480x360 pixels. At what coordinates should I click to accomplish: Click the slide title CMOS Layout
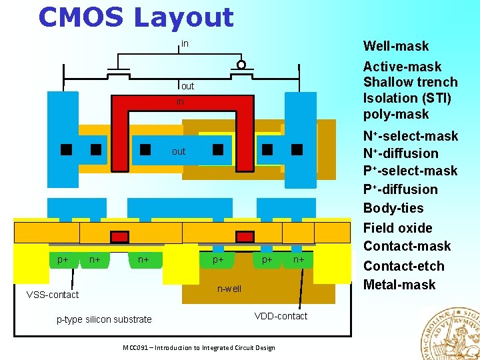tap(136, 17)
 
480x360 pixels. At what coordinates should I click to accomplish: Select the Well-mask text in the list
tap(395, 46)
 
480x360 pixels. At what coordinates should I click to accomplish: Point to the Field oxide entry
tap(397, 228)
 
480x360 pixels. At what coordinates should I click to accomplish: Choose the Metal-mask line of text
tap(399, 285)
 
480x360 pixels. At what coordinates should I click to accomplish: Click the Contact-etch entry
tap(403, 266)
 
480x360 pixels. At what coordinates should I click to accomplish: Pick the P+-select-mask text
tap(410, 171)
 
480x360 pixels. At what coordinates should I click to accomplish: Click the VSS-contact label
tap(52, 295)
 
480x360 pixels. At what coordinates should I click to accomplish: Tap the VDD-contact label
tap(281, 316)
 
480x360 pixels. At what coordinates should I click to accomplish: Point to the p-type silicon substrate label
tap(104, 319)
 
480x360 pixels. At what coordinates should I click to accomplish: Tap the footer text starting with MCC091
tap(199, 347)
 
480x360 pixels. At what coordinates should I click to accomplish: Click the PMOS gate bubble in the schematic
tap(241, 65)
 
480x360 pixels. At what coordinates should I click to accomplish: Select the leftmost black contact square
tap(66, 149)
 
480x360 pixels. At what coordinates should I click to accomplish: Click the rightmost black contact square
tap(297, 149)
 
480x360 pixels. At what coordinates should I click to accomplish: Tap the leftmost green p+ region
tap(63, 259)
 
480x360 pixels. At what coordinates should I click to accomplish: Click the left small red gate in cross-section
tap(119, 237)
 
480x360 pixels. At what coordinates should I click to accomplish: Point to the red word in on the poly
tap(180, 102)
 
